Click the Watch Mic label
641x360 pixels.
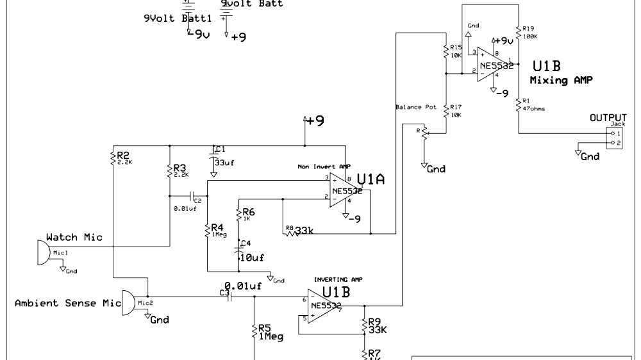coord(74,237)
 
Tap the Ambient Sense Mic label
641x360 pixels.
coord(67,303)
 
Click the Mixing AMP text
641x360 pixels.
coord(561,81)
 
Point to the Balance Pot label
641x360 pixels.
coord(416,107)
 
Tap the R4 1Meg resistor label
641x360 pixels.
coord(218,230)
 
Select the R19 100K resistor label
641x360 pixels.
coord(529,32)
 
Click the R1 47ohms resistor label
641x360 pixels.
coord(533,104)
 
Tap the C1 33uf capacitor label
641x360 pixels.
coord(223,156)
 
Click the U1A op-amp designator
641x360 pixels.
coord(370,180)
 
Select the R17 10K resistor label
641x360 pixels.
coord(455,110)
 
